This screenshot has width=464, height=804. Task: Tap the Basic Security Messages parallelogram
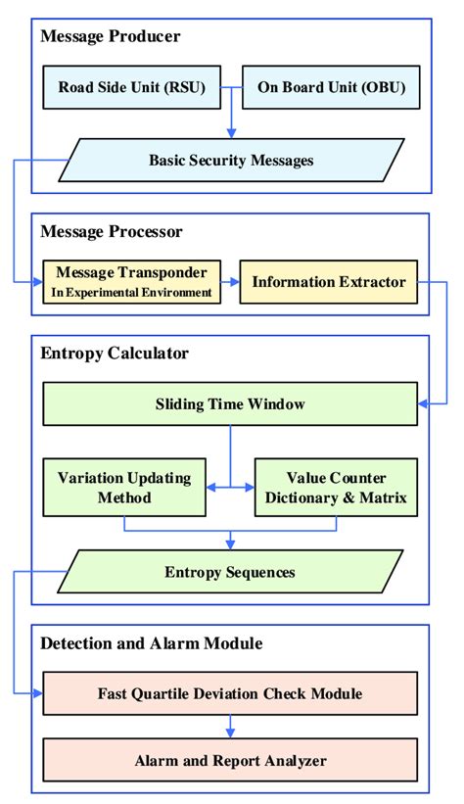[x=231, y=160]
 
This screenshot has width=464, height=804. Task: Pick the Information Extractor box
[x=329, y=282]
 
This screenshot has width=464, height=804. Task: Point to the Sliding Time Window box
[x=231, y=403]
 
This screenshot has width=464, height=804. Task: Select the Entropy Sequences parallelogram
[x=231, y=571]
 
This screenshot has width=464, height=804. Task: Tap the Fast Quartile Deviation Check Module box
[x=231, y=693]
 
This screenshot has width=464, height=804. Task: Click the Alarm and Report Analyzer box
[x=231, y=759]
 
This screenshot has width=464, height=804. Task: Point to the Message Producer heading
[x=111, y=37]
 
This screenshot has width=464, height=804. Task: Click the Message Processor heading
[x=113, y=232]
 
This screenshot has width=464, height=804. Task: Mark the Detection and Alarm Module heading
[x=151, y=643]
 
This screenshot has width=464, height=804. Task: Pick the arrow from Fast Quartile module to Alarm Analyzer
[x=231, y=727]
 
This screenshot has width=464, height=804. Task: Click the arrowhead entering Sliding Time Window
[x=424, y=403]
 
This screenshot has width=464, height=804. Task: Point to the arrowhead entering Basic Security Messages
[x=231, y=134]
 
